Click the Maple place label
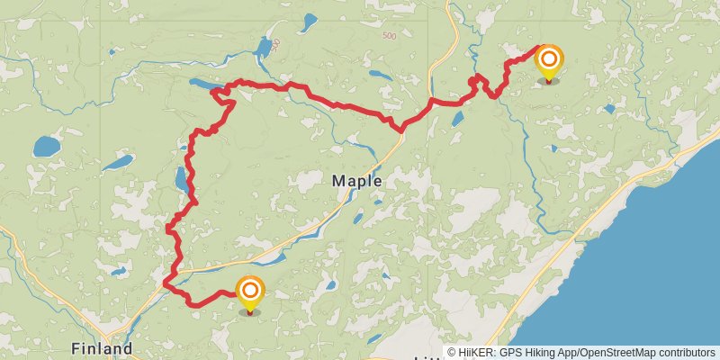[x=357, y=181]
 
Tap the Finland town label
[x=102, y=348]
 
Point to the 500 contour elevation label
[x=389, y=36]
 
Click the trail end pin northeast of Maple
[x=548, y=64]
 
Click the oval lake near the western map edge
[x=45, y=145]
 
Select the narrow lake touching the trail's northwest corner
[x=203, y=85]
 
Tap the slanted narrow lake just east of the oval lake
[x=117, y=163]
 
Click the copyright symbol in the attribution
[x=452, y=352]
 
